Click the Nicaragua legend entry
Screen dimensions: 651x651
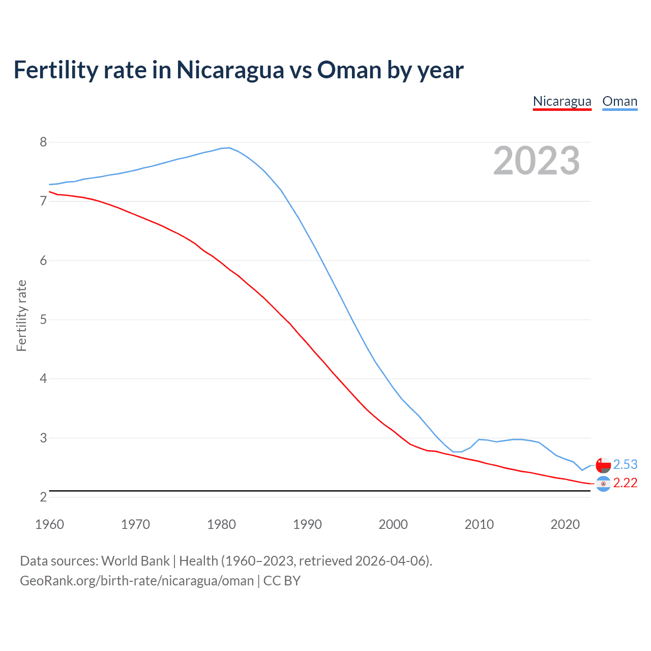click(562, 101)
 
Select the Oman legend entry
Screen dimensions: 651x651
click(619, 101)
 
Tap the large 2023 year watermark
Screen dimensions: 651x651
click(537, 161)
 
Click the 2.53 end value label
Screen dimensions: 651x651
click(625, 464)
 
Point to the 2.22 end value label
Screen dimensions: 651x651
click(625, 483)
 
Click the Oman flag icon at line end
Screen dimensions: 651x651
click(603, 465)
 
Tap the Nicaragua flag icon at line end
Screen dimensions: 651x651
click(603, 484)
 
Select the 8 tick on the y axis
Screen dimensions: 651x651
click(43, 142)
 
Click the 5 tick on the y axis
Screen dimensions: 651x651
click(43, 319)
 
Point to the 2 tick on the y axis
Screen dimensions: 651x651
click(43, 497)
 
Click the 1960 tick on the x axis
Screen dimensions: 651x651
click(49, 524)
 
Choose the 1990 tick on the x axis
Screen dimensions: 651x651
click(307, 524)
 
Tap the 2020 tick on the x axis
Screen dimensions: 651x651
click(565, 524)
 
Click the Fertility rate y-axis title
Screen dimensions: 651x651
click(21, 315)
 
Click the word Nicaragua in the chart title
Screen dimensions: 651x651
click(230, 70)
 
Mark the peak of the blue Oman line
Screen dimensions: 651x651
click(229, 147)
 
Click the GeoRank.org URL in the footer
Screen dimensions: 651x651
click(137, 580)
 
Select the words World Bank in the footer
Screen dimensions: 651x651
click(135, 560)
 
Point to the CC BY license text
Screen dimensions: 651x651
click(282, 580)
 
